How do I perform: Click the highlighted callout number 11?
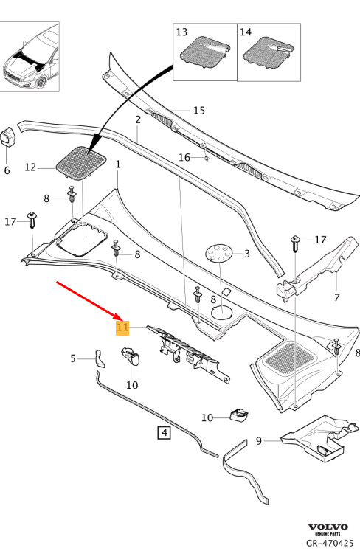coord(122,328)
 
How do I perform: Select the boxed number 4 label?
coord(165,432)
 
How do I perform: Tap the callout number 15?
coord(199,111)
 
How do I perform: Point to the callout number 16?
coord(184,157)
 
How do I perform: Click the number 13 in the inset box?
coord(181,32)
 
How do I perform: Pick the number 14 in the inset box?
coord(246,32)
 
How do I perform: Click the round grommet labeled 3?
coord(219,254)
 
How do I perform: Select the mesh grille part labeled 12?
coord(82,164)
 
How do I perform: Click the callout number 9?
coord(259,440)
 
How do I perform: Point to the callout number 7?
coord(337,297)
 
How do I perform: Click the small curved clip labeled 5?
coord(100,358)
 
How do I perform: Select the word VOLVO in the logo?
coord(328,527)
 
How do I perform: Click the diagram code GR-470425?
coord(330,543)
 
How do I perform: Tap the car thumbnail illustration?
coord(30,57)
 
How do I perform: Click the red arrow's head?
coord(119,316)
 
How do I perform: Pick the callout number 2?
coord(138,119)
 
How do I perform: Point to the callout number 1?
coord(118,164)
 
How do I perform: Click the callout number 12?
coord(30,167)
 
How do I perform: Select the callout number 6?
coord(7,170)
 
